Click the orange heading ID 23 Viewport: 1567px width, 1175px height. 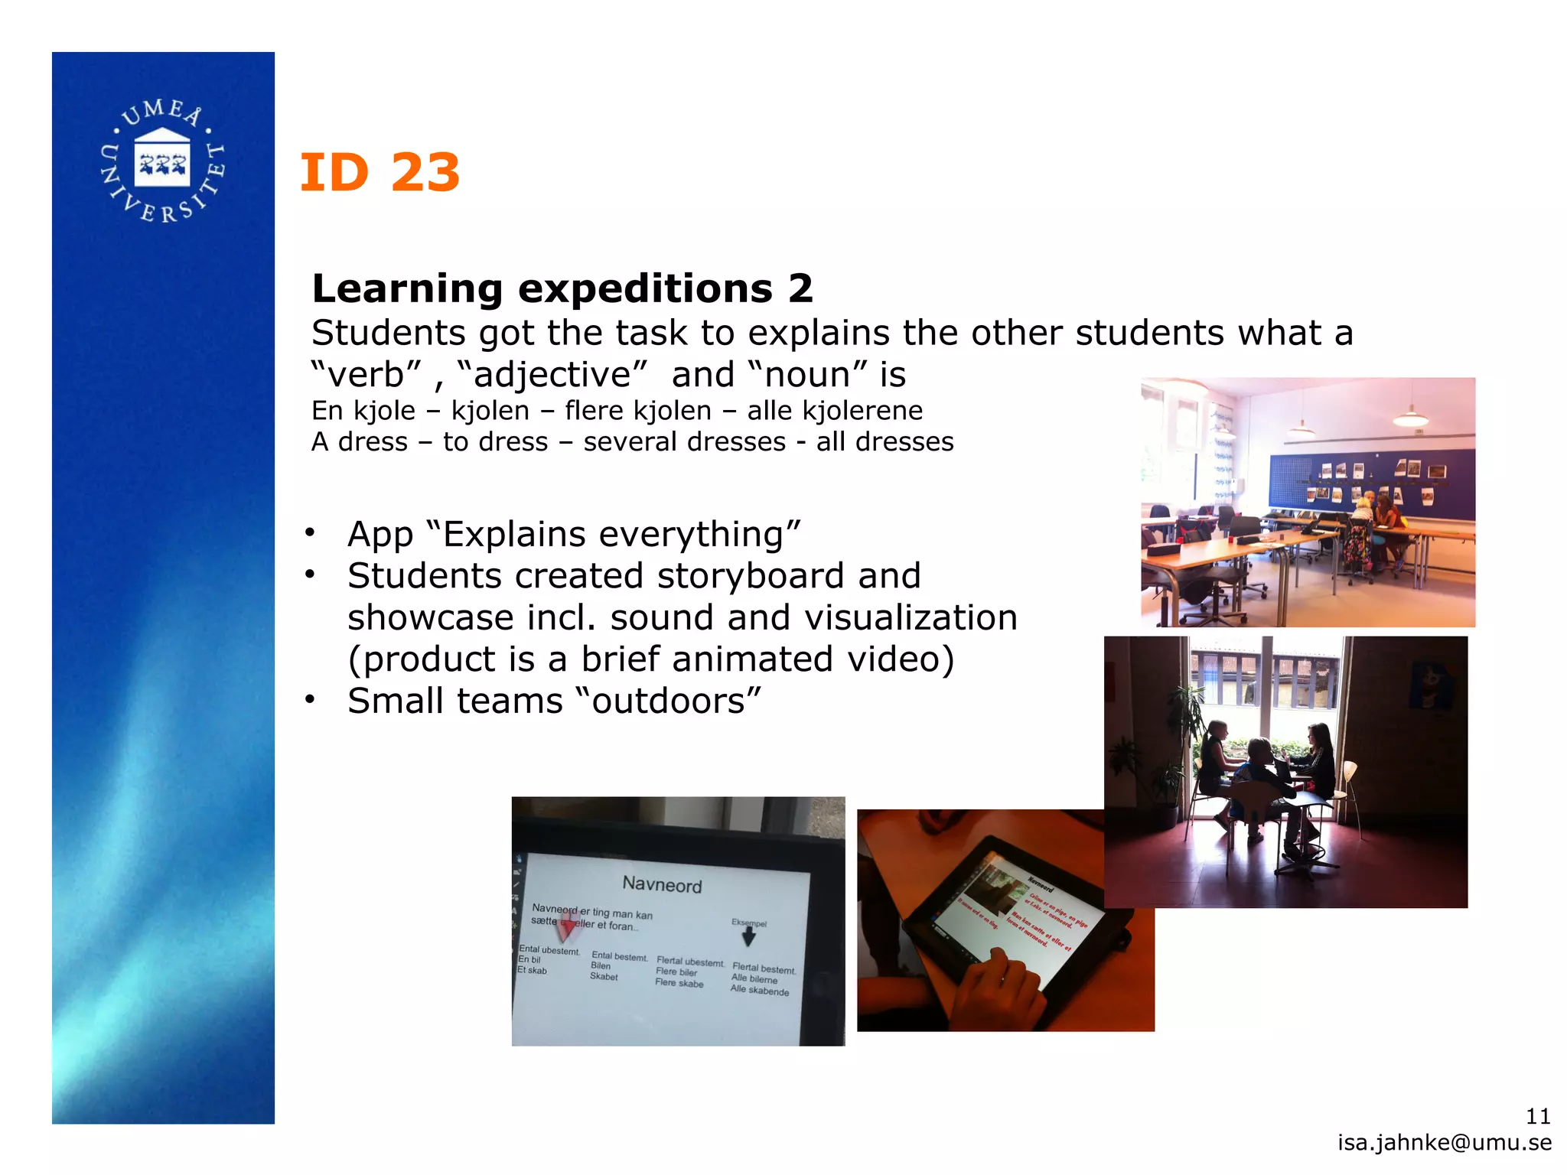point(380,173)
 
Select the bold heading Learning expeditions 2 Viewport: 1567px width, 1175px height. point(562,289)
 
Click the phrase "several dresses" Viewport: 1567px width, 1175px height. point(684,442)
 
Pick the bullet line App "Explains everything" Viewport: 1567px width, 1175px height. point(574,534)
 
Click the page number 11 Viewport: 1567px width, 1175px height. point(1538,1117)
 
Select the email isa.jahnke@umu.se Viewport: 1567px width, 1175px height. point(1445,1143)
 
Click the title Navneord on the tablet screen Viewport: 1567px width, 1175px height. point(662,885)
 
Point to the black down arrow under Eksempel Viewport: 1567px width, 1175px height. point(749,938)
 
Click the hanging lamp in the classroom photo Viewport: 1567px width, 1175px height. point(1410,417)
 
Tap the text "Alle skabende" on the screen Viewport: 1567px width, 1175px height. point(759,991)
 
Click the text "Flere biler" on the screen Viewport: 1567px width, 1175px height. point(676,972)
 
